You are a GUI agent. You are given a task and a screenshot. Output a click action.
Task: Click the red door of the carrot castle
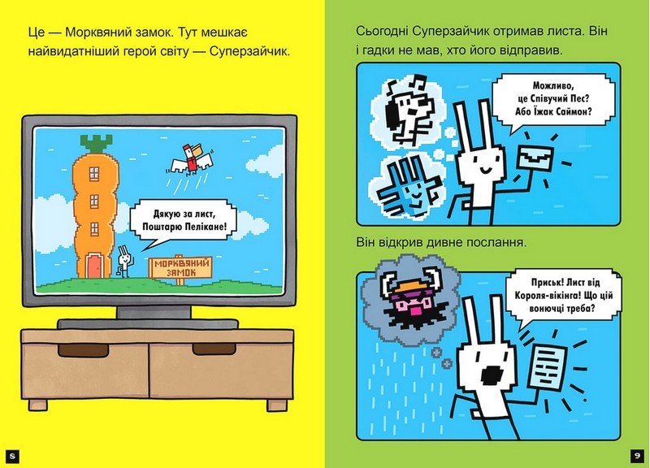[94, 266]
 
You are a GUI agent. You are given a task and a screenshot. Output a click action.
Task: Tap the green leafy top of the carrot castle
[96, 144]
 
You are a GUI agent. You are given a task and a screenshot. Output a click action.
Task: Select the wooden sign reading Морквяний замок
[180, 267]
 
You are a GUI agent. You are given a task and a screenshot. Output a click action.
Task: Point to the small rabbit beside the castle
[124, 261]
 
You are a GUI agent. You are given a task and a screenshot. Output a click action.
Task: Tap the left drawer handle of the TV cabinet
[84, 350]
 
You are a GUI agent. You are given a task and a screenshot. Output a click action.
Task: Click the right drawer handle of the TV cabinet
[214, 349]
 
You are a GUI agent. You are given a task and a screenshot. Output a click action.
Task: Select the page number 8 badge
[12, 456]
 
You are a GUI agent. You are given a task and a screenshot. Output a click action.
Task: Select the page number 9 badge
[637, 456]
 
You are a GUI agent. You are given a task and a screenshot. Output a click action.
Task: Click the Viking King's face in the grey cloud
[409, 301]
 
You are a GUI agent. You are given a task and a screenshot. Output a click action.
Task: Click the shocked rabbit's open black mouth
[492, 375]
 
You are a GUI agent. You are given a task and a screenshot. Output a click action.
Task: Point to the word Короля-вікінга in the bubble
[544, 296]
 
